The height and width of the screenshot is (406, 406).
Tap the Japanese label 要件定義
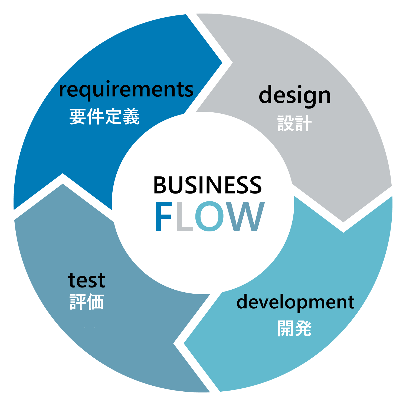pos(104,116)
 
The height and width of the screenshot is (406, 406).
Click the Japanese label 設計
pos(294,123)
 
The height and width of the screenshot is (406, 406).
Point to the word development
pos(295,302)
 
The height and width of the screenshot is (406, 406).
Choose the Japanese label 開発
pos(294,328)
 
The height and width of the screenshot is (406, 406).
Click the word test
pos(87,280)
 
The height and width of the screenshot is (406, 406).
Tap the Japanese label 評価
pos(87,302)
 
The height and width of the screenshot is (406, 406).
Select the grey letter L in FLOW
pos(184,217)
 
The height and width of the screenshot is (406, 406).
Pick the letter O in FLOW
pos(210,217)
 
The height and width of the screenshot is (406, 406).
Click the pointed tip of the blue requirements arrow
pos(222,63)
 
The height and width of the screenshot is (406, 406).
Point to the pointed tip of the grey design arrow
pos(343,222)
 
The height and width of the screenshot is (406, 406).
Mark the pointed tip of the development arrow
pos(184,344)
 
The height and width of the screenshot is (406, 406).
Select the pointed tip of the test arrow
pos(63,184)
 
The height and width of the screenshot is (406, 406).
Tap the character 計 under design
pos(303,123)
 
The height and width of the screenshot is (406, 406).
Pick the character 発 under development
pos(303,328)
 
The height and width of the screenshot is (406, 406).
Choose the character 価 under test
pos(95,302)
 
